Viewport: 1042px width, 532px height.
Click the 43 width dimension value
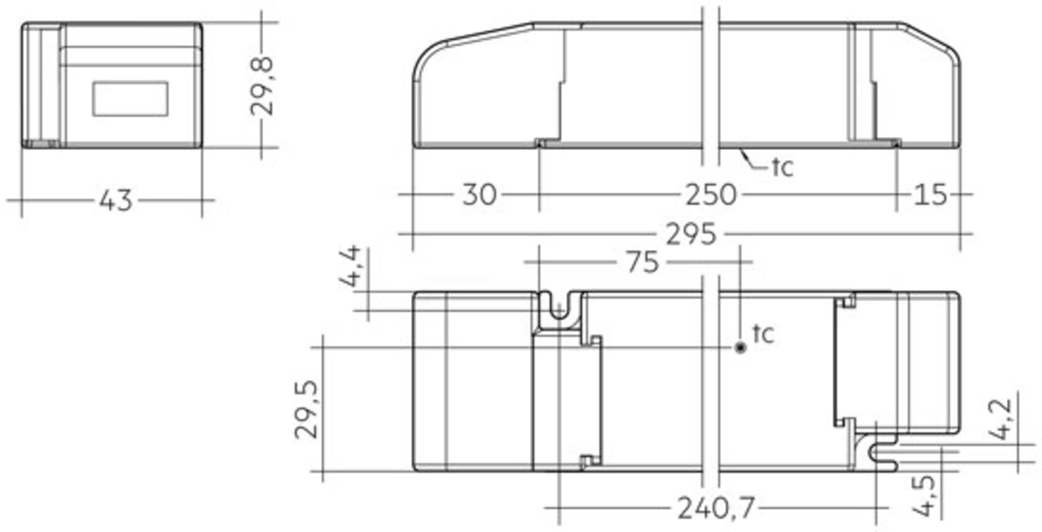click(x=116, y=200)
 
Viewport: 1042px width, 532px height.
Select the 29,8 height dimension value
click(x=262, y=86)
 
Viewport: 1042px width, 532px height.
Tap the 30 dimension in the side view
click(x=479, y=194)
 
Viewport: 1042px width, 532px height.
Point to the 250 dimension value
click(x=711, y=195)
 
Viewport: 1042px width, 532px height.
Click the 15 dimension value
click(x=930, y=195)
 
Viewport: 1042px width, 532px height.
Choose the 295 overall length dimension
click(x=691, y=234)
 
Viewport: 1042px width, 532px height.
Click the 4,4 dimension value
click(x=350, y=266)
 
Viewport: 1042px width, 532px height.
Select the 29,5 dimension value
click(x=307, y=410)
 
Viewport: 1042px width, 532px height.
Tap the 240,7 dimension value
click(x=716, y=508)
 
